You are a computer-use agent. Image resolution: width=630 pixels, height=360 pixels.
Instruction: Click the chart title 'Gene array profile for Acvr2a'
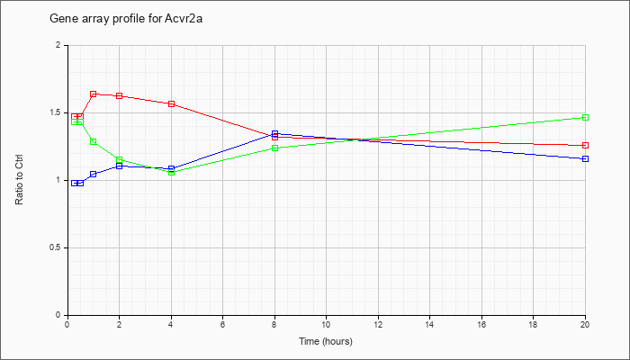(126, 19)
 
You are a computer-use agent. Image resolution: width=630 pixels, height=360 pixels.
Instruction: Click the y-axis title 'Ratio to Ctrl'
(19, 180)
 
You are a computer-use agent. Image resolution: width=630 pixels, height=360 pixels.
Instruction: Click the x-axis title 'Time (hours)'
(326, 341)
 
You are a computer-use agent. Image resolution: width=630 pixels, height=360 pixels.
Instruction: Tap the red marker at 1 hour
(94, 94)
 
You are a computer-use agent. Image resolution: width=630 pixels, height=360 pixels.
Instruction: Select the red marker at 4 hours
(172, 104)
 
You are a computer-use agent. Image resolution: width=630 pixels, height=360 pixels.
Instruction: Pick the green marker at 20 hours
(585, 117)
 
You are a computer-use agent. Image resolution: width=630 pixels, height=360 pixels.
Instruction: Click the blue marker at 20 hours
(585, 158)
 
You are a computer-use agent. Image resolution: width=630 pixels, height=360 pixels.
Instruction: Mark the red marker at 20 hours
(585, 145)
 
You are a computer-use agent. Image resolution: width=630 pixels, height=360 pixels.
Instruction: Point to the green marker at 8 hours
(274, 148)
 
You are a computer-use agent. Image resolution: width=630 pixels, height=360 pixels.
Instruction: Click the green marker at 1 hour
(94, 141)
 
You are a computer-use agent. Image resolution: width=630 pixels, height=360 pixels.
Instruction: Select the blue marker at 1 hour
(94, 174)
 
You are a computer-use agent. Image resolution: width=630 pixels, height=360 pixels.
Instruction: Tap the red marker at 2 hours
(120, 96)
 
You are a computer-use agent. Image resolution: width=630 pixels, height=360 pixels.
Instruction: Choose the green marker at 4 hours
(172, 173)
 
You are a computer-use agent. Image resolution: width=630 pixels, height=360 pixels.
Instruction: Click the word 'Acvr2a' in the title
(184, 19)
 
